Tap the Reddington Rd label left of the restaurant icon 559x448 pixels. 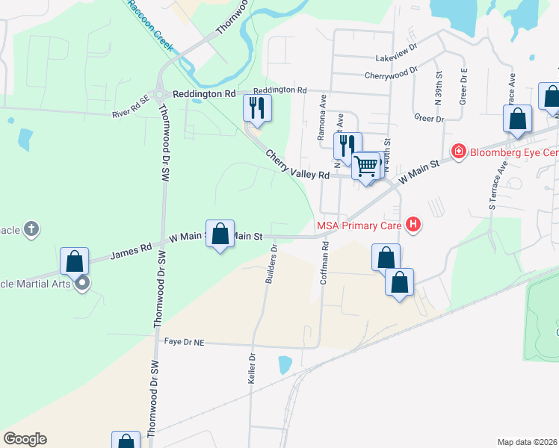204,94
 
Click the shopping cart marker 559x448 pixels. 366,165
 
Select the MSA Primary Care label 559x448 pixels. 359,225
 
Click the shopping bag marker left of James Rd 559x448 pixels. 74,261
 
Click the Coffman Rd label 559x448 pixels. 324,265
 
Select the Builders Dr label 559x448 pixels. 271,265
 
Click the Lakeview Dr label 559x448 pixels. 396,57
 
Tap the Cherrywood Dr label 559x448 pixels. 391,74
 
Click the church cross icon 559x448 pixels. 31,228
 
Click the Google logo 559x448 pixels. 25,439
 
